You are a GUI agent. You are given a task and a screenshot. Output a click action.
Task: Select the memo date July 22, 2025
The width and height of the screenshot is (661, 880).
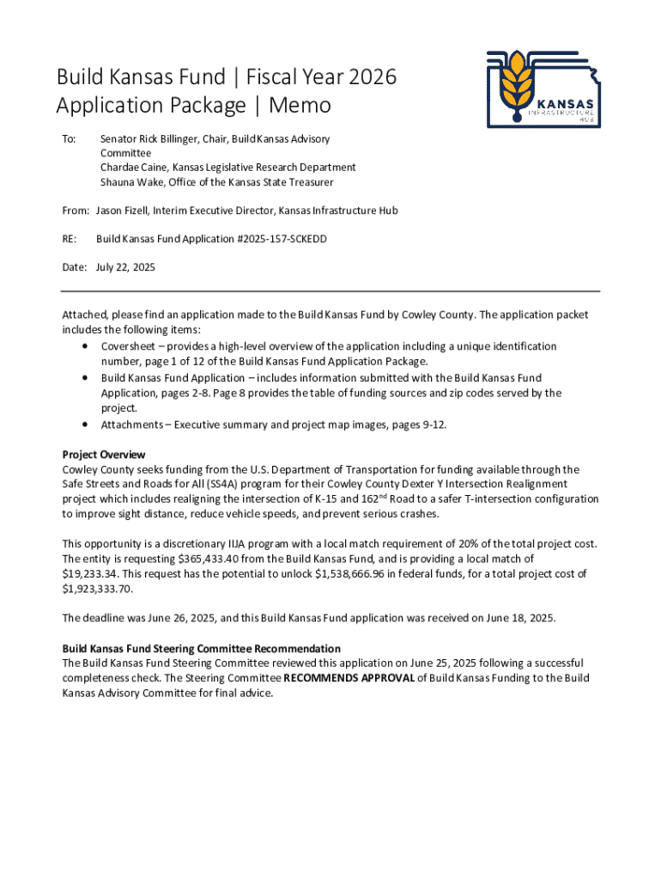pos(125,268)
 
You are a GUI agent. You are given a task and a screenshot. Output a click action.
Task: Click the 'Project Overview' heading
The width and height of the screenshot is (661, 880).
pos(104,455)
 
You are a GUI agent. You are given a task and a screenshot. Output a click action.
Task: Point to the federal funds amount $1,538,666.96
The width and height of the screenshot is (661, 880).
pos(361,574)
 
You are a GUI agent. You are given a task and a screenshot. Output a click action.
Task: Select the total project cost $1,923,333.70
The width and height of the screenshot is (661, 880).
pos(98,589)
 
